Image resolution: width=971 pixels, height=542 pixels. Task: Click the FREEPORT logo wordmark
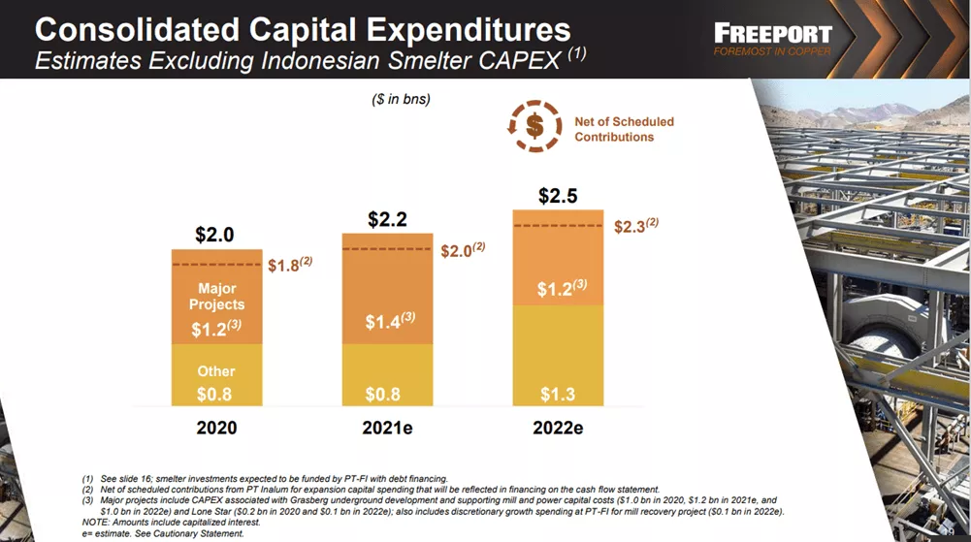(771, 31)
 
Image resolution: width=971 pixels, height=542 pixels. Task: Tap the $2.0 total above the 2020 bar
(214, 235)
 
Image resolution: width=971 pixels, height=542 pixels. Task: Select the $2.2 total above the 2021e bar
(387, 220)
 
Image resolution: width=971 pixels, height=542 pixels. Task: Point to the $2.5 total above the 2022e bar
(558, 196)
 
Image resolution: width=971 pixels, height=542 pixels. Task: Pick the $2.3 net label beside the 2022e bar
(635, 226)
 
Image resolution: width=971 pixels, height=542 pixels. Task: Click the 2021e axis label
(387, 428)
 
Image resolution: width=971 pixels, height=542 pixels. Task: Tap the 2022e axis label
(558, 428)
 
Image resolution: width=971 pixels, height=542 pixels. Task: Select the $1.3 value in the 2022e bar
(558, 395)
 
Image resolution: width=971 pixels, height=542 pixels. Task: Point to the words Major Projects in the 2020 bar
(216, 296)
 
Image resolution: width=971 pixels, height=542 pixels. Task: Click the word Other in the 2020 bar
(216, 371)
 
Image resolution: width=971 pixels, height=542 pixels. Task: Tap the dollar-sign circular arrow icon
(534, 126)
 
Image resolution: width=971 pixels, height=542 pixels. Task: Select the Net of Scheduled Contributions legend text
(624, 129)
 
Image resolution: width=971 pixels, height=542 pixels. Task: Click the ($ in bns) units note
(401, 99)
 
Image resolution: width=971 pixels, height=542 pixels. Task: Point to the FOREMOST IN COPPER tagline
(772, 51)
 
